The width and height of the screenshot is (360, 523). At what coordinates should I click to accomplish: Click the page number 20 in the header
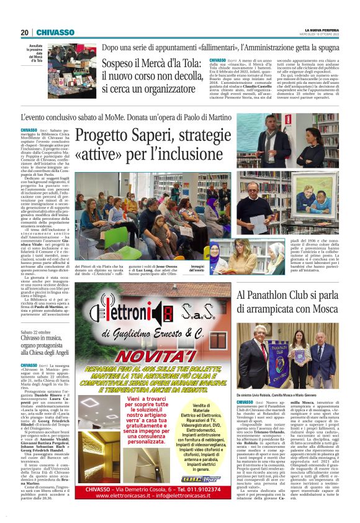point(25,32)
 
